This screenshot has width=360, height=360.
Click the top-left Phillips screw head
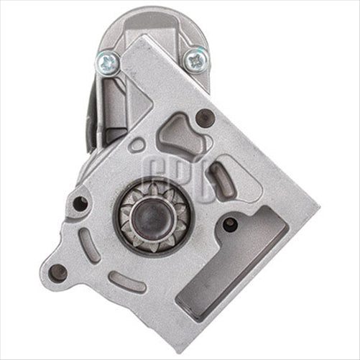tap(108, 63)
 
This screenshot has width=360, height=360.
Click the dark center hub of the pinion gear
tap(153, 216)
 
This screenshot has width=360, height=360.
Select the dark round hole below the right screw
tap(206, 118)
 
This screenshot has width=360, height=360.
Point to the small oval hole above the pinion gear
tap(137, 144)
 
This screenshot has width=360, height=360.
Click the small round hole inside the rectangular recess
tap(230, 224)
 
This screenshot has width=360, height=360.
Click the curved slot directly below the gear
tap(130, 282)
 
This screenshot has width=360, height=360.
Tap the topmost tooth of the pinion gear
tap(153, 185)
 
